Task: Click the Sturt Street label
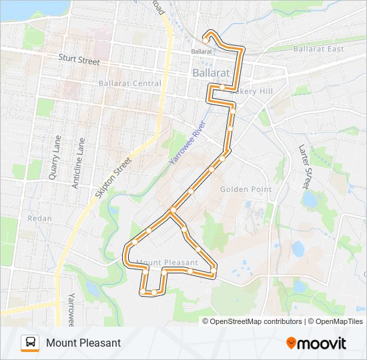[79, 61]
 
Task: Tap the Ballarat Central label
[129, 83]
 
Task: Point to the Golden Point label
[246, 189]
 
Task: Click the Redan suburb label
[39, 218]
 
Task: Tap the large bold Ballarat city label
[211, 71]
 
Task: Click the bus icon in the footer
[30, 343]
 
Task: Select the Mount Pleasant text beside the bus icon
[83, 343]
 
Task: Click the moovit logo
[316, 343]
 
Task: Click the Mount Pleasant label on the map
[167, 262]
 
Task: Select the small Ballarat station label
[201, 51]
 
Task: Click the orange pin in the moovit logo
[291, 343]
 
